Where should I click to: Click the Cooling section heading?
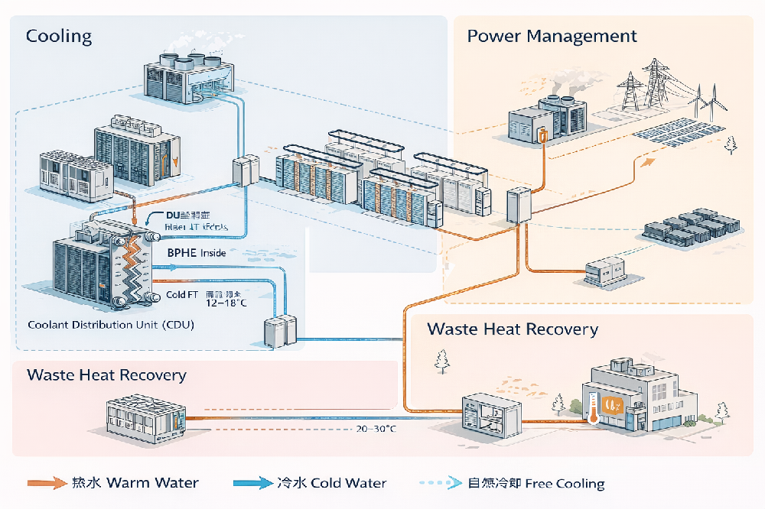59,36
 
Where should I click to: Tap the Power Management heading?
552,36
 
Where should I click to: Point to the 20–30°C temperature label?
376,429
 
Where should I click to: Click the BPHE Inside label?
196,252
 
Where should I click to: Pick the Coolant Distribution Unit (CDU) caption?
111,325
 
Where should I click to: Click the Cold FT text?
183,293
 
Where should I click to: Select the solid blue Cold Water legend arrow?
252,483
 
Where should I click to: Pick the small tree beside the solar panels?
731,144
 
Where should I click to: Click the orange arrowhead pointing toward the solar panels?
649,161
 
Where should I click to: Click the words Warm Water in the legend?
153,483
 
